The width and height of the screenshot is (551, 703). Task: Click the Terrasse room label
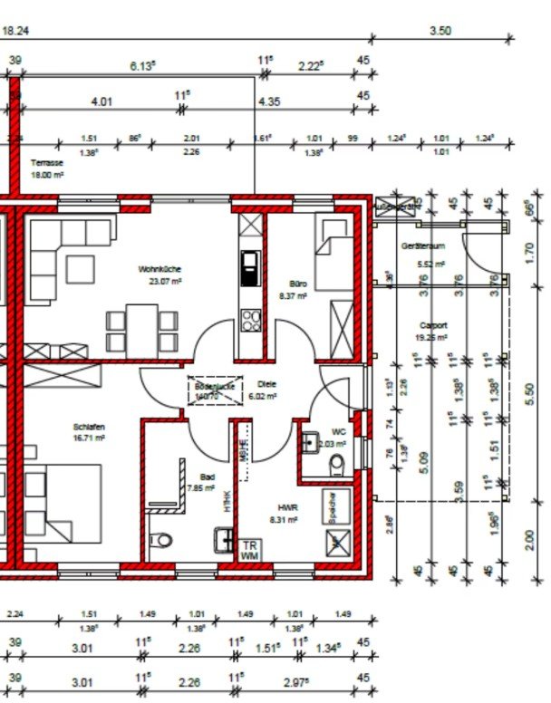coord(46,162)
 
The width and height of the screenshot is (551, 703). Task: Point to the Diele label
coord(266,383)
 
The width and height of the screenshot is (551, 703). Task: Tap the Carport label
coord(433,324)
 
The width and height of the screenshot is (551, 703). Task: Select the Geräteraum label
coord(422,246)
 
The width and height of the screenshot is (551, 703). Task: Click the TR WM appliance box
coord(249,550)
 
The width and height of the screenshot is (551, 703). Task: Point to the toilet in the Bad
coord(162,540)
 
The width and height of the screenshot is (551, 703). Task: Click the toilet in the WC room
coord(338,464)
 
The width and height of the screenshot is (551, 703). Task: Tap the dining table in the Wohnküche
coord(141,328)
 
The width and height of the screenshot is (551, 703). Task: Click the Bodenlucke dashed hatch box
coord(214,390)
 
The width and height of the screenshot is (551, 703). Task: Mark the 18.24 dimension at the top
coord(17,30)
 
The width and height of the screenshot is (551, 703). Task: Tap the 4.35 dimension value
coord(269,101)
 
